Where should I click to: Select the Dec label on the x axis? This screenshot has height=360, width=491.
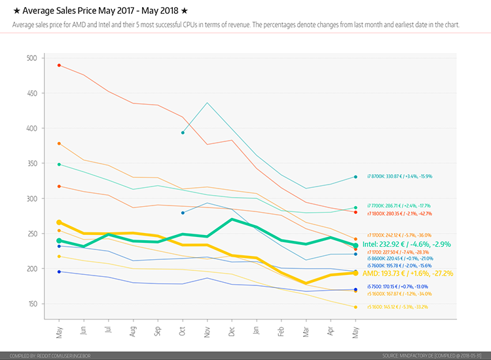point(232,331)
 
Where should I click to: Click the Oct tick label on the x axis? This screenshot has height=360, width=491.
point(183,331)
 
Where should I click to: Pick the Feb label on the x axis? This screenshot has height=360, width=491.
point(282,331)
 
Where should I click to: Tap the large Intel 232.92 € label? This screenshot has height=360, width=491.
point(406,244)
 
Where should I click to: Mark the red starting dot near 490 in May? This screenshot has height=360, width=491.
point(59,65)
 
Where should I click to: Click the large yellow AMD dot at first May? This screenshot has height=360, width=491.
point(59,223)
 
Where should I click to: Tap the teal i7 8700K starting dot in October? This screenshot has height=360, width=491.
point(183,133)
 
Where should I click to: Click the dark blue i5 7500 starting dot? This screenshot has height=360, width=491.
point(59,272)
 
